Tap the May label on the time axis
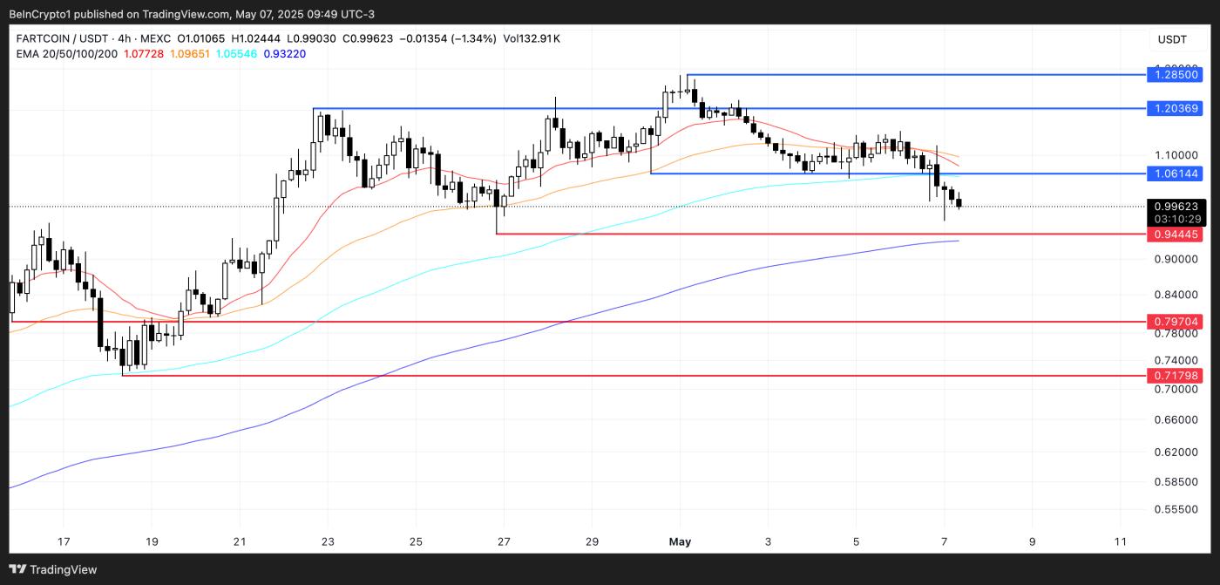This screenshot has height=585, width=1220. (680, 541)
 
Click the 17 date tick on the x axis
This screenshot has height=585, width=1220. (64, 541)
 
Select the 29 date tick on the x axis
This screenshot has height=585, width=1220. (592, 541)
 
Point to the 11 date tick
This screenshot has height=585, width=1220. (1121, 541)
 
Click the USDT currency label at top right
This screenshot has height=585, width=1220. (1172, 39)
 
